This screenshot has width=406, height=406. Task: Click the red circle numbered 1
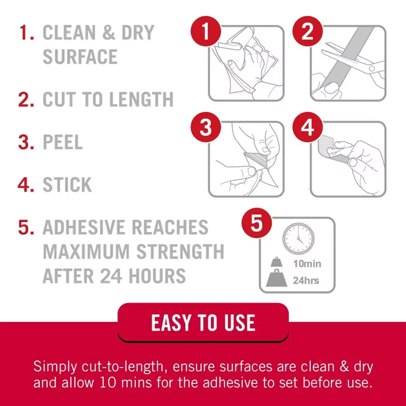coord(206,31)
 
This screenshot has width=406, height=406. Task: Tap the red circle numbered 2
coord(308,31)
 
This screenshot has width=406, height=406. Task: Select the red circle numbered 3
coord(206,127)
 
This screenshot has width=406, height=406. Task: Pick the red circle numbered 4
coord(308,127)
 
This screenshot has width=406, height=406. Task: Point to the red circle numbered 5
coord(257,223)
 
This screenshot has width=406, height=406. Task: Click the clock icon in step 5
coord(298,238)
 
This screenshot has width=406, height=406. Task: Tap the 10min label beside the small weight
coord(307,264)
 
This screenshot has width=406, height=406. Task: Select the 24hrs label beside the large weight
coord(306,280)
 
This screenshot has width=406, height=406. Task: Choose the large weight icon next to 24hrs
coord(276,278)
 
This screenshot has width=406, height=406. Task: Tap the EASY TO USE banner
coord(203,323)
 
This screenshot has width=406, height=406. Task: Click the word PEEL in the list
coord(63,142)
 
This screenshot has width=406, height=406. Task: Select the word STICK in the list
coord(67,185)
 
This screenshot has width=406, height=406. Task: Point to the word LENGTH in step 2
coord(141,100)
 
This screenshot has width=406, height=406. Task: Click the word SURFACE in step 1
coord(80,57)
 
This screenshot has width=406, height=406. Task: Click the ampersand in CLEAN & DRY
coord(109,33)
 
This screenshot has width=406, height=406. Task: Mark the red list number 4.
coord(26,185)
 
